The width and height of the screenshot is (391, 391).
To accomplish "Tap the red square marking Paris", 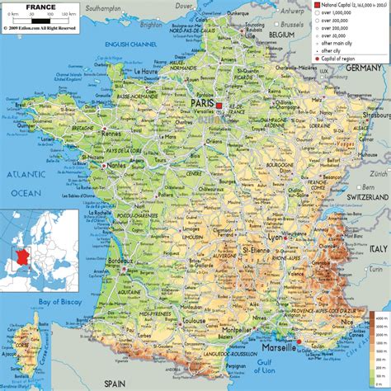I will click(219, 106).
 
